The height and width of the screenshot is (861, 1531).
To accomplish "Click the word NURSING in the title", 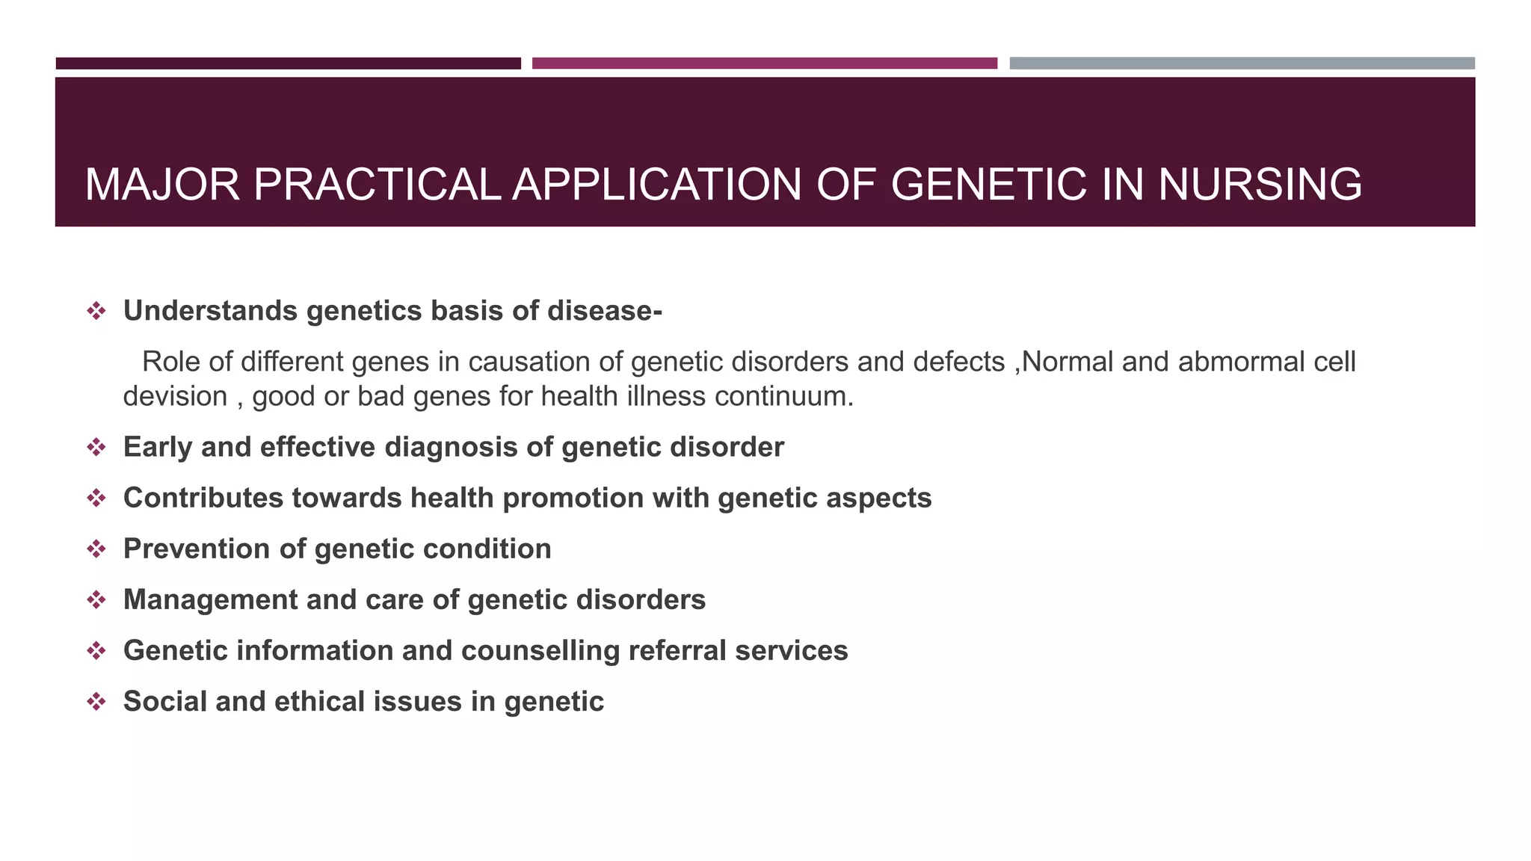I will pyautogui.click(x=1260, y=185).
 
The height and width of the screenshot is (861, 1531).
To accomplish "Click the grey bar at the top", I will pyautogui.click(x=1242, y=64).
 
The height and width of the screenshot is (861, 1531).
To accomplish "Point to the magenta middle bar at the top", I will pyautogui.click(x=764, y=64).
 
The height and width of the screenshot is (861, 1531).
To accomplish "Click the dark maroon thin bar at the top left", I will pyautogui.click(x=288, y=64).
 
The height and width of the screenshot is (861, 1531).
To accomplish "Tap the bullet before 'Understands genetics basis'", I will pyautogui.click(x=96, y=311).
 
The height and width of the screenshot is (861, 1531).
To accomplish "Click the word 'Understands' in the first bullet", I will pyautogui.click(x=210, y=311).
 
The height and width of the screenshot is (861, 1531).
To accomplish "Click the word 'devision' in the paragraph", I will pyautogui.click(x=175, y=396).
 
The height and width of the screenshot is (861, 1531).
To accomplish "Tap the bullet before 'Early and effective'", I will pyautogui.click(x=96, y=448).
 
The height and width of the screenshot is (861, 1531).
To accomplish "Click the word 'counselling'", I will pyautogui.click(x=540, y=650).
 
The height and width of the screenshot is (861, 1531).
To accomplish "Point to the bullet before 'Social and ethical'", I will pyautogui.click(x=96, y=702).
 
